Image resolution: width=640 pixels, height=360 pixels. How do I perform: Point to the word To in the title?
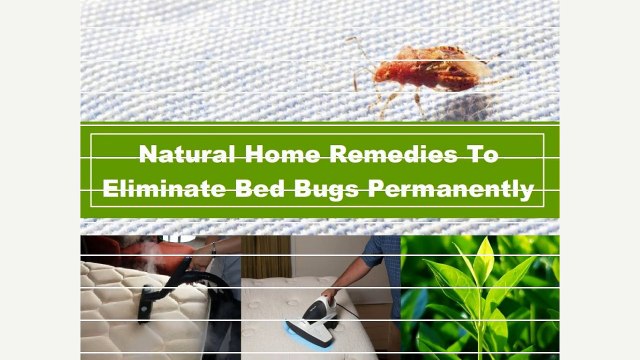pyautogui.click(x=481, y=155)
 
